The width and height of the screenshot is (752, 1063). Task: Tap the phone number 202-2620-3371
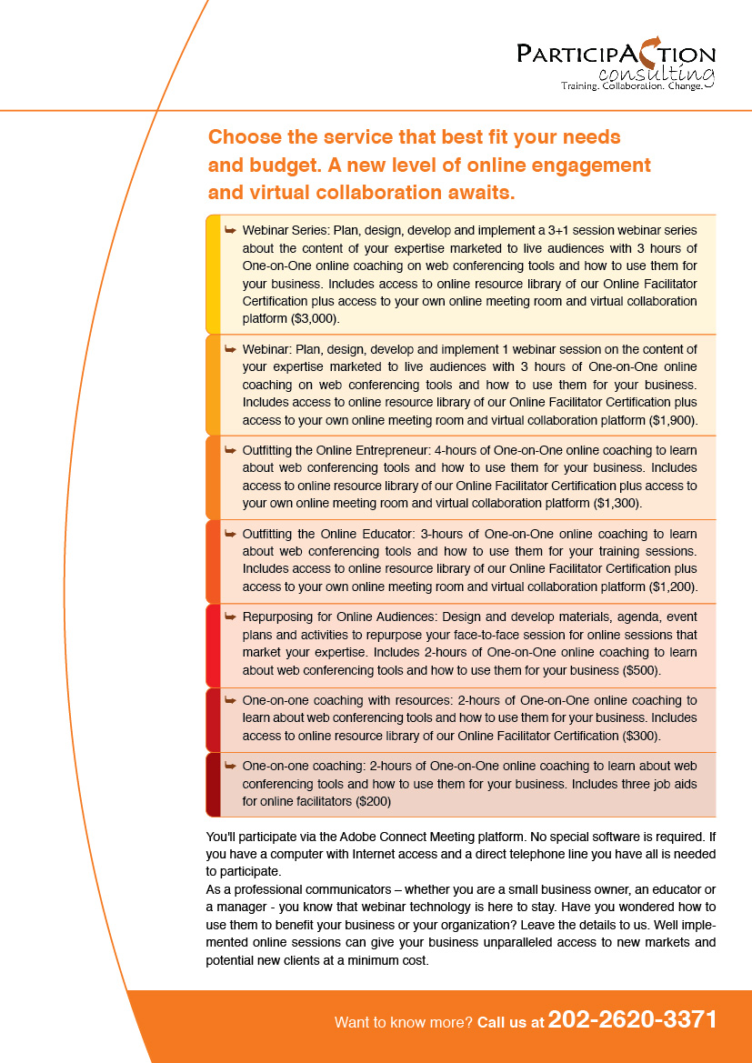(x=633, y=1020)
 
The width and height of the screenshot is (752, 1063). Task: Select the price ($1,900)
(x=673, y=421)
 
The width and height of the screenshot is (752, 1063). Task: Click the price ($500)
(x=641, y=670)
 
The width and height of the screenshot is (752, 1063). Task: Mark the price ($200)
(x=373, y=801)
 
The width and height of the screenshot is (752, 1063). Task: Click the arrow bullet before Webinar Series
(x=231, y=231)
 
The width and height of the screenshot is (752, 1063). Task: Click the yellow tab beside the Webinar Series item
(x=213, y=274)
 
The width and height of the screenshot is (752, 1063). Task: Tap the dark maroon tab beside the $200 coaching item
(x=213, y=784)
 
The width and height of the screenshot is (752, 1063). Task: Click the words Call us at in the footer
(x=510, y=1023)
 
